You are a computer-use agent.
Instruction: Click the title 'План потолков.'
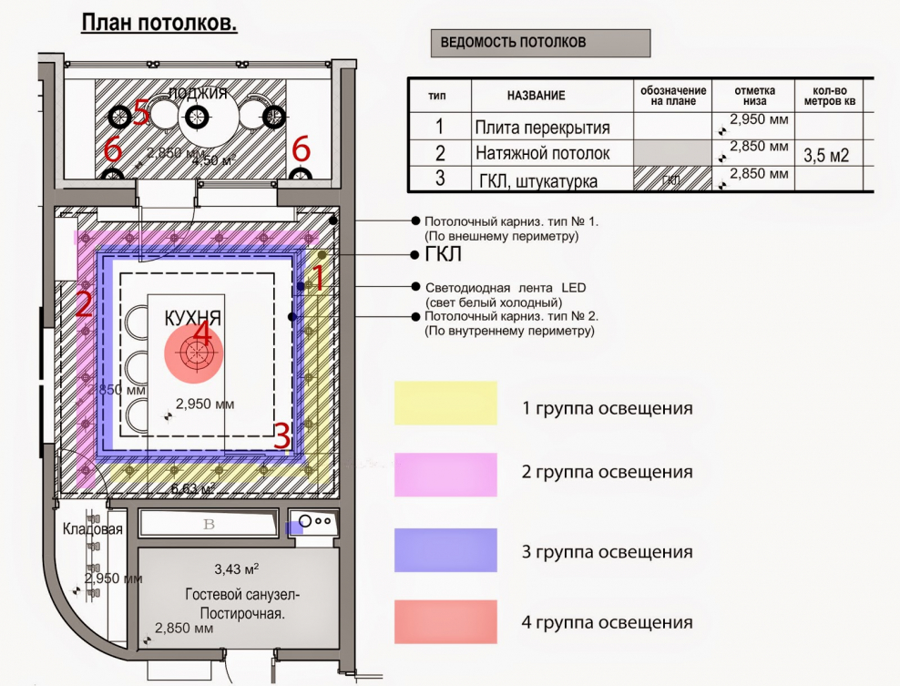pyautogui.click(x=159, y=23)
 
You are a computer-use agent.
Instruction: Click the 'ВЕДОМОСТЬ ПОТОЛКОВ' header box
pyautogui.click(x=540, y=43)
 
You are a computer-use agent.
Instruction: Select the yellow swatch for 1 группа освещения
pyautogui.click(x=445, y=403)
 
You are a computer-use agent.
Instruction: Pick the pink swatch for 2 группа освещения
pyautogui.click(x=445, y=474)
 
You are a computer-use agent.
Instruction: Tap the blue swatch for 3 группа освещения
pyautogui.click(x=445, y=550)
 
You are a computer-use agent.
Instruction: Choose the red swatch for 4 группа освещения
pyautogui.click(x=445, y=622)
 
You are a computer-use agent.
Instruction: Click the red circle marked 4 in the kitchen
pyautogui.click(x=194, y=352)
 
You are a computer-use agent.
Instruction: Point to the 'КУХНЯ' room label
pyautogui.click(x=193, y=318)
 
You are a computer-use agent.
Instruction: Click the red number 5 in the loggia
pyautogui.click(x=140, y=113)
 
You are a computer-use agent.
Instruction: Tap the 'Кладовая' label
pyautogui.click(x=92, y=529)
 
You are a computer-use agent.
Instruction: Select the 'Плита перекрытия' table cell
pyautogui.click(x=542, y=128)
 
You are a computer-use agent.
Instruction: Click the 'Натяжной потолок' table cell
pyautogui.click(x=542, y=153)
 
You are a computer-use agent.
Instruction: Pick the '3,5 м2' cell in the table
pyautogui.click(x=826, y=155)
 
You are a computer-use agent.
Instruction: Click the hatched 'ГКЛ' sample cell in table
pyautogui.click(x=671, y=179)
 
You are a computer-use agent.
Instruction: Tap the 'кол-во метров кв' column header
pyautogui.click(x=826, y=96)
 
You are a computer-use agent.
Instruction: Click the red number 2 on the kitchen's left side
pyautogui.click(x=83, y=303)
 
